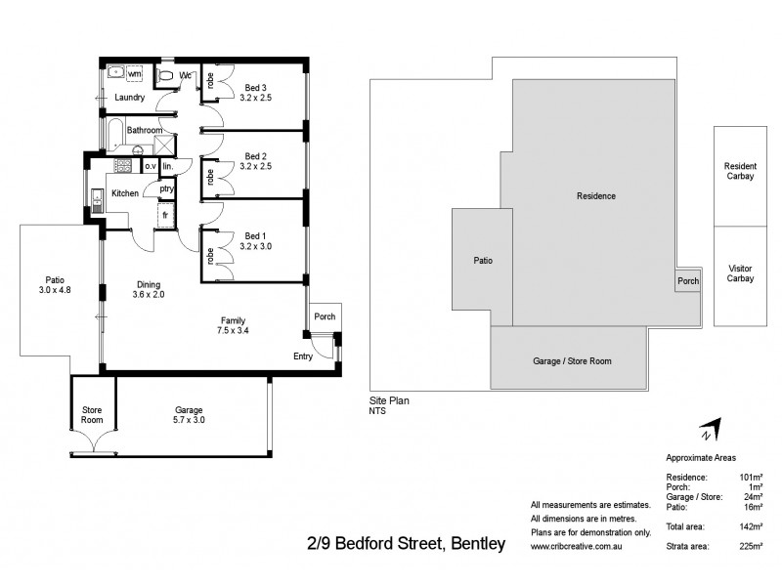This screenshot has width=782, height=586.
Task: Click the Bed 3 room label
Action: pos(256,87)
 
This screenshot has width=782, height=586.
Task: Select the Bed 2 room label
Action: pos(256,155)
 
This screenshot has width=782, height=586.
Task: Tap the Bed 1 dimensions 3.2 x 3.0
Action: pos(256,246)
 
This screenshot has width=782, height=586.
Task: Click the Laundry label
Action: pos(129,98)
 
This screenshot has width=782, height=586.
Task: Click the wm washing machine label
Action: pos(134,73)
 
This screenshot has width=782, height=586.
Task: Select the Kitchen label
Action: pos(124,193)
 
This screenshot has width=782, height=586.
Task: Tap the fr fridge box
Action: pos(165,214)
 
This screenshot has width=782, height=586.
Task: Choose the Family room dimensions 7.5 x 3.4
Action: pos(232,332)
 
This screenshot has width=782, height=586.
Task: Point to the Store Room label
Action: pos(91,414)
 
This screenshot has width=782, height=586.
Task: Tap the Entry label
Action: pos(304,356)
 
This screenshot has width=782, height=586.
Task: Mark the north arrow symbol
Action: pos(711,431)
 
